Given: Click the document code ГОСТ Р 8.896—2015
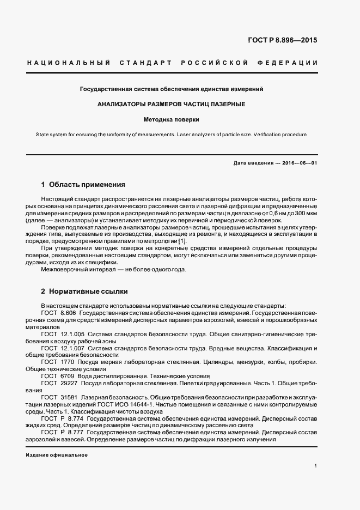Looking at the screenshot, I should pos(283,40).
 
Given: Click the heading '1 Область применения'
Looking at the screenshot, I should pos(83,184).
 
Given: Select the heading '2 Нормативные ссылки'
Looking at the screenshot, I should pos(84,292).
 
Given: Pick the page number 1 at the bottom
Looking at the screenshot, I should pos(316,466).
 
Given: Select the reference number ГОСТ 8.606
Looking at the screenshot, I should pos(58,313).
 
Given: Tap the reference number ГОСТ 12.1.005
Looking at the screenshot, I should pos(62,334).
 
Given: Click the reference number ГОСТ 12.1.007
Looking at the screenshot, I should pos(62,348).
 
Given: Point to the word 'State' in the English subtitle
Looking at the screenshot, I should pos(43,134).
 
